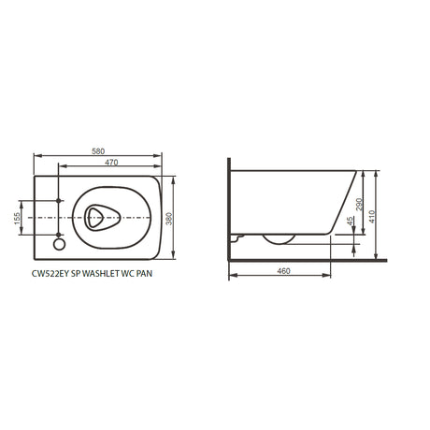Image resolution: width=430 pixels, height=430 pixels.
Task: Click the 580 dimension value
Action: pyautogui.click(x=98, y=151)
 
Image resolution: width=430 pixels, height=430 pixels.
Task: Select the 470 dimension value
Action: pyautogui.click(x=111, y=163)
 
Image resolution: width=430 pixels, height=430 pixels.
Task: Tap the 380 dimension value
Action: pyautogui.click(x=168, y=219)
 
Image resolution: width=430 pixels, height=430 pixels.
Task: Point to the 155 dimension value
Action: pyautogui.click(x=17, y=218)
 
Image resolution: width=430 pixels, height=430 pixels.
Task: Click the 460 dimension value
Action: pyautogui.click(x=283, y=271)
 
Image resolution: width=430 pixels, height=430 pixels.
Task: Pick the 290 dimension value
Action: pyautogui.click(x=359, y=204)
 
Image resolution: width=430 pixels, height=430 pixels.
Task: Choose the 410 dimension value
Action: pyautogui.click(x=372, y=217)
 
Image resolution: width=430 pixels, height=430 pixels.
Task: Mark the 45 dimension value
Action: pyautogui.click(x=350, y=222)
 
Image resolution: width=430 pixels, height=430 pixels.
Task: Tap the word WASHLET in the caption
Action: pyautogui.click(x=99, y=274)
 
